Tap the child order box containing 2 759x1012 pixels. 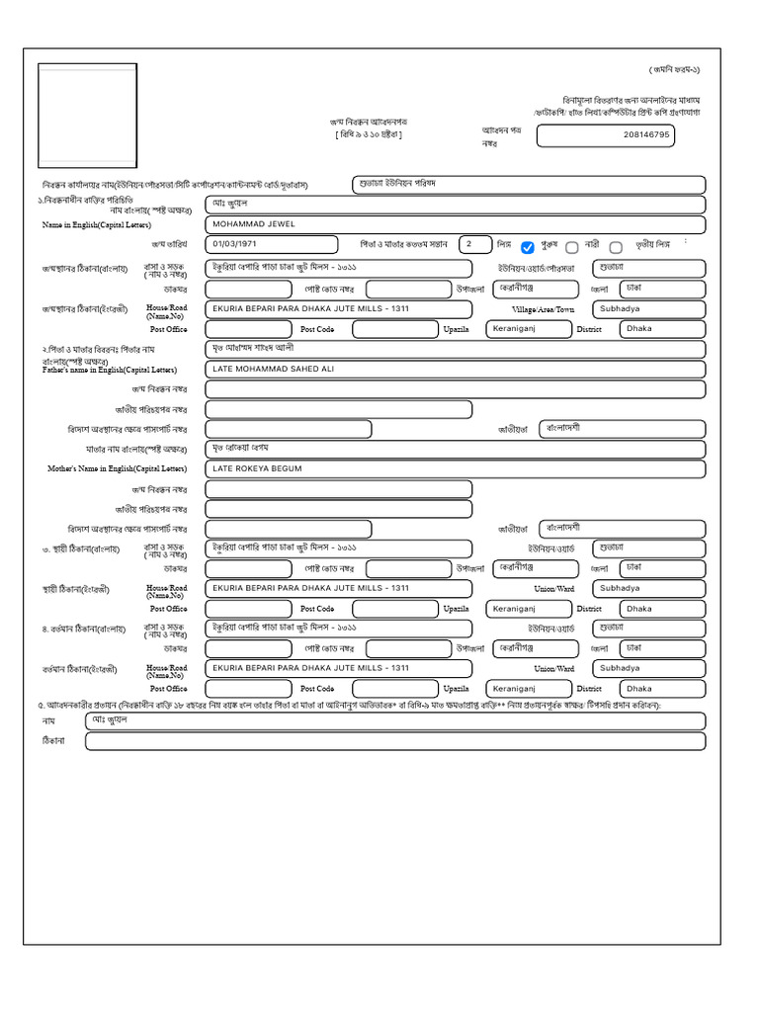474,244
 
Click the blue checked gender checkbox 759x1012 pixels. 528,247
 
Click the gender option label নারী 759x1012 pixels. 592,244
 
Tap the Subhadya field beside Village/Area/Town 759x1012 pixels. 648,308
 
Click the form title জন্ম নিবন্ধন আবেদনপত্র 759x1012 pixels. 367,122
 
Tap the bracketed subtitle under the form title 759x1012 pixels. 368,134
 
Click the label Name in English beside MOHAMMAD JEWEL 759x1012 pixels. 96,225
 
